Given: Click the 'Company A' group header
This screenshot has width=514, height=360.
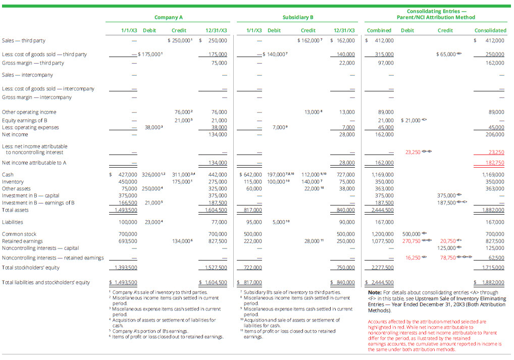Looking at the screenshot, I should click(x=168, y=17).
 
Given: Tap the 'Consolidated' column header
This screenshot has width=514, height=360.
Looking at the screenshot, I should click(x=490, y=30).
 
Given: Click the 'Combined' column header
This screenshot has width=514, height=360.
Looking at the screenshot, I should click(x=379, y=30).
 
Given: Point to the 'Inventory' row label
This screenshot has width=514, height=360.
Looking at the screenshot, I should click(x=12, y=181).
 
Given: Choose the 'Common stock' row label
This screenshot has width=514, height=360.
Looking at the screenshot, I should click(x=19, y=234).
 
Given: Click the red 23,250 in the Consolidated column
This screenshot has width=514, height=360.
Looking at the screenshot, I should click(x=496, y=152).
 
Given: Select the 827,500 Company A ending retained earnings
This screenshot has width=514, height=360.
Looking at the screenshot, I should click(x=218, y=241).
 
